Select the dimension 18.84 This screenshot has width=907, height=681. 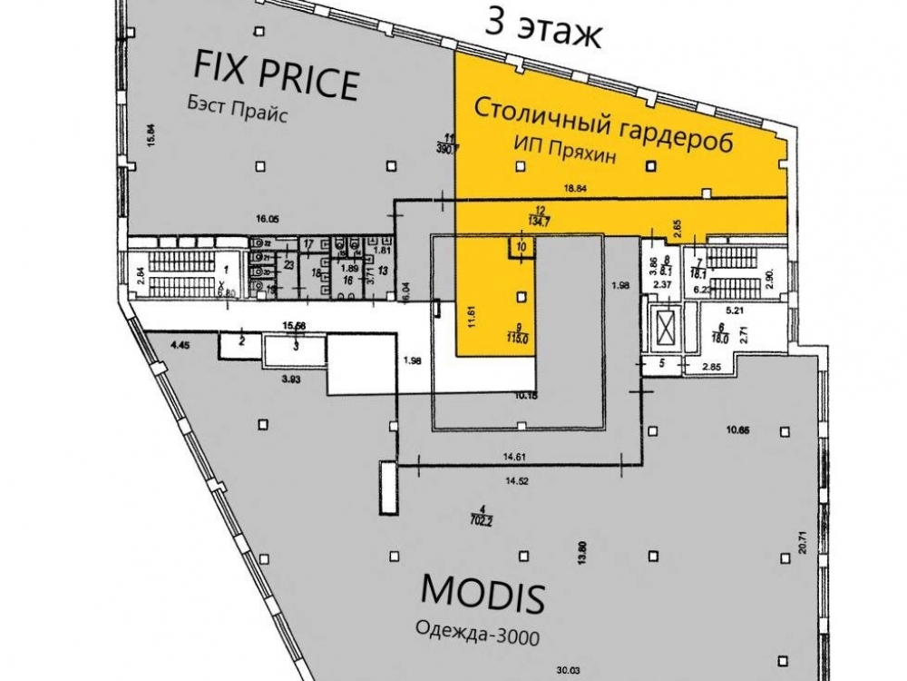(577, 188)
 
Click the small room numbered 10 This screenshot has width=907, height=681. (521, 245)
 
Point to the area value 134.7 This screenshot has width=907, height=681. (540, 218)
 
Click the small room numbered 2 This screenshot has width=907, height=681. (242, 341)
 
